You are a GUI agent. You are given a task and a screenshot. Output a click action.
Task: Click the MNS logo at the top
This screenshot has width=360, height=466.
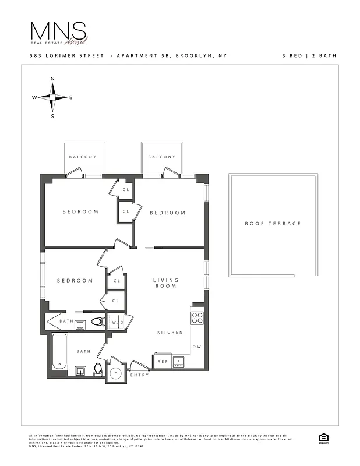59,33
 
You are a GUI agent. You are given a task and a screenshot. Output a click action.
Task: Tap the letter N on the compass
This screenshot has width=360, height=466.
52,79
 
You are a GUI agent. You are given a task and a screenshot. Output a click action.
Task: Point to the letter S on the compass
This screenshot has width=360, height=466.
52,116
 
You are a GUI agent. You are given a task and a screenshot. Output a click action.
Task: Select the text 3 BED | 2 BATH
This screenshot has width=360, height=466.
309,56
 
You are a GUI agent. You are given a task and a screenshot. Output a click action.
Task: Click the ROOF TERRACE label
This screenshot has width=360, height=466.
273,224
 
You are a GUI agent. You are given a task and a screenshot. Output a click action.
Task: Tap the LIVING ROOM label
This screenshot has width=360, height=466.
166,283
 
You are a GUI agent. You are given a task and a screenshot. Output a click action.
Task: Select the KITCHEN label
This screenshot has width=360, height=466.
170,333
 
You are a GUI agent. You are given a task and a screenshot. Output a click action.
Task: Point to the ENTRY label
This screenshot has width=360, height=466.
140,375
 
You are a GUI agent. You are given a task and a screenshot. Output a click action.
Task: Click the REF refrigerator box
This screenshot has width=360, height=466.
163,362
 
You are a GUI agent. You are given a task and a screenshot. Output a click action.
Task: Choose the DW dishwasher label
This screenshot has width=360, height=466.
196,347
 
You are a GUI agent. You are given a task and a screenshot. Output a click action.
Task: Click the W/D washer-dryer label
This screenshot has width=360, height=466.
117,322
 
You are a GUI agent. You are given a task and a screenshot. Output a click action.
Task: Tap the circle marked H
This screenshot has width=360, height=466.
116,373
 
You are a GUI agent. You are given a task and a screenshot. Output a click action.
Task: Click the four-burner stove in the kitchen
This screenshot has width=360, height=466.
197,318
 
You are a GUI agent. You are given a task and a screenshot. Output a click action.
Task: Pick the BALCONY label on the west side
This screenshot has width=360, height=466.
83,157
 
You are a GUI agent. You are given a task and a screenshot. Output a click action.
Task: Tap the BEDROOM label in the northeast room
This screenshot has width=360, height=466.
168,213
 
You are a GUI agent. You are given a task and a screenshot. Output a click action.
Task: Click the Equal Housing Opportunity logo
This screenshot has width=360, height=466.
322,438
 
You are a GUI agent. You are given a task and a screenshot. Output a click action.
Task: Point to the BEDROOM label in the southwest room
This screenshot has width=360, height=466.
75,281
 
